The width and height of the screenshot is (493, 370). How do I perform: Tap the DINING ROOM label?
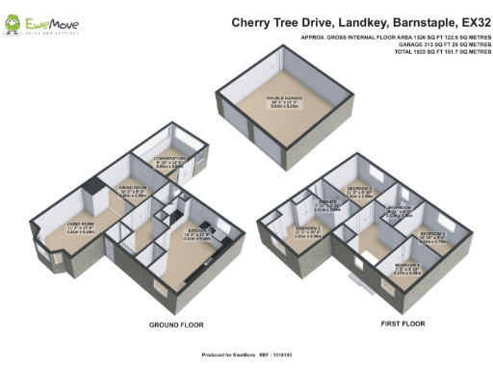(132, 189)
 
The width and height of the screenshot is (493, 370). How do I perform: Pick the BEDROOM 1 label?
(308, 229)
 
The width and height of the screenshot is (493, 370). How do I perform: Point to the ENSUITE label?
(328, 204)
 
